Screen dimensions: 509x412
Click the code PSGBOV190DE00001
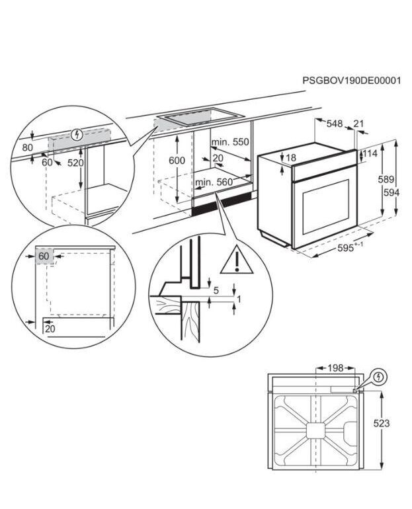coord(352,81)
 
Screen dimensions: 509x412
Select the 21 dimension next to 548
coord(359,124)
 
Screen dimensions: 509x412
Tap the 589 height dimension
coord(387,179)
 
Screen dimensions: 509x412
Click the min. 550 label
coord(229,143)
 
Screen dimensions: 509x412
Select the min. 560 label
coord(214,182)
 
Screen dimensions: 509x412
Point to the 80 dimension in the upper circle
coord(27,147)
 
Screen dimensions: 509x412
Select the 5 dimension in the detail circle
coord(216,290)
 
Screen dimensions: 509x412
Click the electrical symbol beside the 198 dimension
coord(378,377)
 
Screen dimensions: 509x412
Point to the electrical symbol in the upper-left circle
coord(78,135)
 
